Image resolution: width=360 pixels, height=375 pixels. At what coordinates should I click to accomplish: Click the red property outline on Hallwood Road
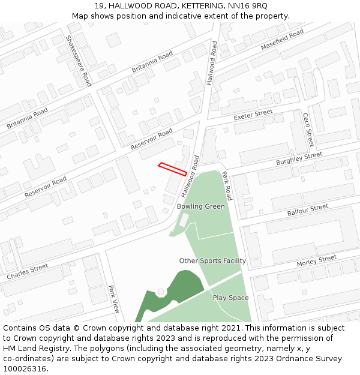(172, 169)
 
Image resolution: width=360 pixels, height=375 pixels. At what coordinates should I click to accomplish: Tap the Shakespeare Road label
(79, 60)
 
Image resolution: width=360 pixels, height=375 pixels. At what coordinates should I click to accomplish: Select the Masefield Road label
(282, 41)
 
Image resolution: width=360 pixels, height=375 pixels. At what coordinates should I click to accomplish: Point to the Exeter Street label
(253, 114)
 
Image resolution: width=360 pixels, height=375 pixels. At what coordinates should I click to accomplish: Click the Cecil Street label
(308, 130)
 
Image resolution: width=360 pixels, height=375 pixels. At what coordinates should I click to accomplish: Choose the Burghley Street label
(299, 159)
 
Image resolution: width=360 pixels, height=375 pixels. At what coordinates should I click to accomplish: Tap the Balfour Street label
(307, 209)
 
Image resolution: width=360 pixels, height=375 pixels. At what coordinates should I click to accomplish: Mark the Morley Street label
(316, 260)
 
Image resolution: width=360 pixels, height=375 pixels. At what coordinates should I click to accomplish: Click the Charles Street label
(28, 272)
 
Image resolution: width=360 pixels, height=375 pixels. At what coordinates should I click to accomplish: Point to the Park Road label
(226, 186)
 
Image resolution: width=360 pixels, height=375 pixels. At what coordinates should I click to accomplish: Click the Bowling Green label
(200, 206)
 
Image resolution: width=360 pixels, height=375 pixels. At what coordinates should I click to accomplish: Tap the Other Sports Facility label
(212, 261)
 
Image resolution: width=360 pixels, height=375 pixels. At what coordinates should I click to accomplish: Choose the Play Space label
(230, 298)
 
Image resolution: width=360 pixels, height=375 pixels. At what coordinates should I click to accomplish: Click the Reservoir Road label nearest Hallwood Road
(151, 139)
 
